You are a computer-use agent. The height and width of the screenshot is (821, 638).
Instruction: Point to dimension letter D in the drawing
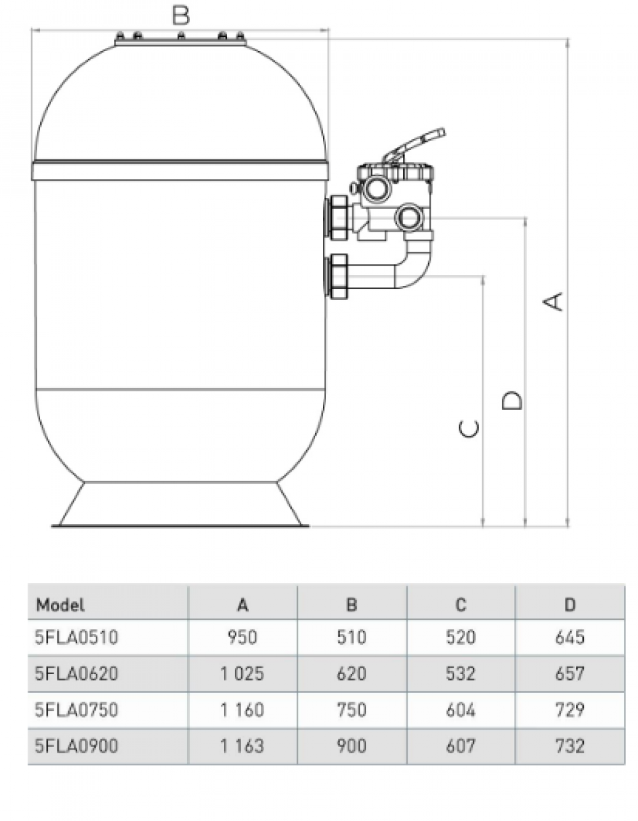512,400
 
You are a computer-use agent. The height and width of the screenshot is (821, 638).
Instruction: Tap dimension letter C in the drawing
470,428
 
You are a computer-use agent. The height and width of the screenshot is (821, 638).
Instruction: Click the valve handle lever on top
415,144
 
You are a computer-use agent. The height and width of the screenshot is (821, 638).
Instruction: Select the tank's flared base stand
180,506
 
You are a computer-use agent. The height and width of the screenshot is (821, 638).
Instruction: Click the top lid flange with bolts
180,39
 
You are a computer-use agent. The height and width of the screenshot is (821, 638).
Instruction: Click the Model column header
61,605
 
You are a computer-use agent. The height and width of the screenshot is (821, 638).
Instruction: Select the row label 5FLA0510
77,637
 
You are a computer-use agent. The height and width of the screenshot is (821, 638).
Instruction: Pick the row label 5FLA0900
77,746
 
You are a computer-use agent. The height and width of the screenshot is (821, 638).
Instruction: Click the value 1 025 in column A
242,674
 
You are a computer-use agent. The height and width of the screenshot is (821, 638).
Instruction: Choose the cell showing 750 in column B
352,710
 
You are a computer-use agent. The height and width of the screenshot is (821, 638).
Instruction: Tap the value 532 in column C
461,674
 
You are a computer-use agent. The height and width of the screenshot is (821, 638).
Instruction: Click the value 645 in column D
570,637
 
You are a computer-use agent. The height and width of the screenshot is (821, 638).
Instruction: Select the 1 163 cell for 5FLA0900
242,746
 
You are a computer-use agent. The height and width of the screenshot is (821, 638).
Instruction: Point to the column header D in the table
570,605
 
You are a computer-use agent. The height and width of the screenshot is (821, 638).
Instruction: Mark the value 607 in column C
461,746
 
